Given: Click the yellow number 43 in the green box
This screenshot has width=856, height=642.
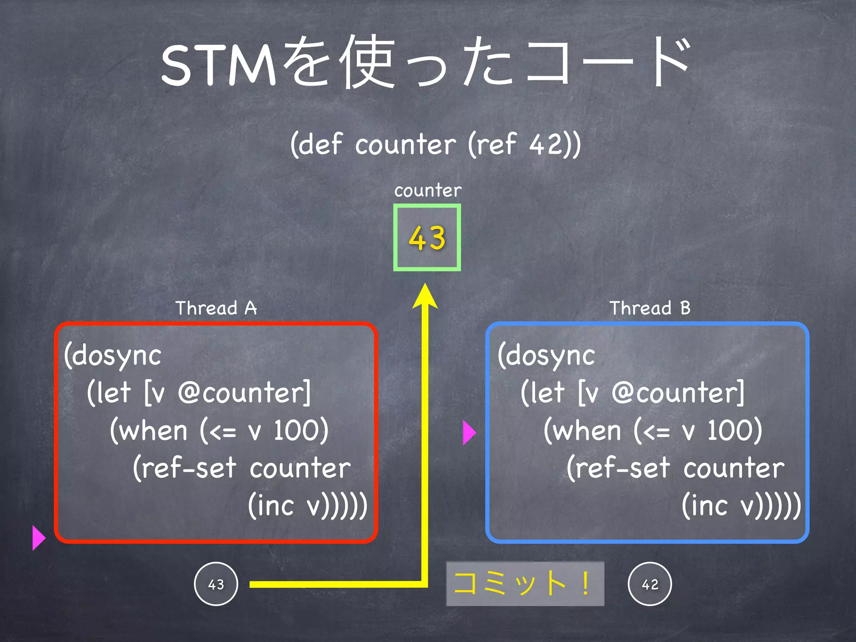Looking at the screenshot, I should coord(427,238).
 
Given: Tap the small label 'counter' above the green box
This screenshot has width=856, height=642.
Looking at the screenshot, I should coord(428,191).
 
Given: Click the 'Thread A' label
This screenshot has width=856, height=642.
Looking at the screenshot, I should coord(216,308).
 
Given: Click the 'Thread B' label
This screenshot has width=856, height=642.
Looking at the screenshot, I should coord(650,308).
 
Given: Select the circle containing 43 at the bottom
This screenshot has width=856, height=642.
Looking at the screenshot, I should coord(216,584).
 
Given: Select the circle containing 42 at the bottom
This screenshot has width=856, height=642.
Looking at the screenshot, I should coord(650,584).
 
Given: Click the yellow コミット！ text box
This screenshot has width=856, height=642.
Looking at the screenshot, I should coord(525,583).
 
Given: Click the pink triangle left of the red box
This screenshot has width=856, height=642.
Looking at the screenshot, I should coord(38,538).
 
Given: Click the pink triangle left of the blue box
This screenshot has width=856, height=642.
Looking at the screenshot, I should coord(469,433).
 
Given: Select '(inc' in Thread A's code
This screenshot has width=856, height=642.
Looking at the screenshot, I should coord(271,505).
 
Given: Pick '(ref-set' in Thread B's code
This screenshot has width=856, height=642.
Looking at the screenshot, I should coord(618,468).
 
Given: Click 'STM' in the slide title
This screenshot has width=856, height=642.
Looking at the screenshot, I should coord(218,66).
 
